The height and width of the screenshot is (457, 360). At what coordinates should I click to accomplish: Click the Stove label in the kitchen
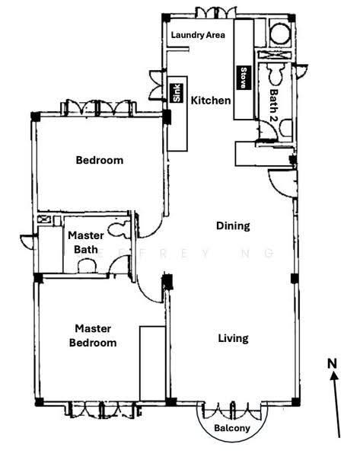[x=244, y=78]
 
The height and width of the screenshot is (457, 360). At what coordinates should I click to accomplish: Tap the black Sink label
[x=177, y=93]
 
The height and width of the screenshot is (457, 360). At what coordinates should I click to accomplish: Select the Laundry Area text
[x=198, y=35]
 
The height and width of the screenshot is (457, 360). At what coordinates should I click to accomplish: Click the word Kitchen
[x=211, y=101]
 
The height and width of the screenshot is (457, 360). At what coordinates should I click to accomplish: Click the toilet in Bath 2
[x=276, y=74]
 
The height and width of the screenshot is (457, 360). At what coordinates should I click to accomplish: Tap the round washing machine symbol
[x=280, y=34]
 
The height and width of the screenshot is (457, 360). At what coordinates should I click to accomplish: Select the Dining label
[x=233, y=226]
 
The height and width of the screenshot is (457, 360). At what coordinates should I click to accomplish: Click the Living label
[x=234, y=338]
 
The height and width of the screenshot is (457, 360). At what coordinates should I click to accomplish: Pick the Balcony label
[x=232, y=428]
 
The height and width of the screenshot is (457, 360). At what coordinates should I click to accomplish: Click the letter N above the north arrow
[x=332, y=364]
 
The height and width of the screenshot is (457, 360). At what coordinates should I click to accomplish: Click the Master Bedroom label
[x=93, y=335]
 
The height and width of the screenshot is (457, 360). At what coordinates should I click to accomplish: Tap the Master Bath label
[x=86, y=242]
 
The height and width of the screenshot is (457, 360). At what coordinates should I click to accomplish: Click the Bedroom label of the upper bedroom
[x=99, y=160]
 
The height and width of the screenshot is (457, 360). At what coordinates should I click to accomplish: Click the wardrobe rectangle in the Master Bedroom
[x=153, y=363]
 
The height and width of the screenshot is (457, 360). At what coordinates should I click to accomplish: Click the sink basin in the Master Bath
[x=87, y=266]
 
